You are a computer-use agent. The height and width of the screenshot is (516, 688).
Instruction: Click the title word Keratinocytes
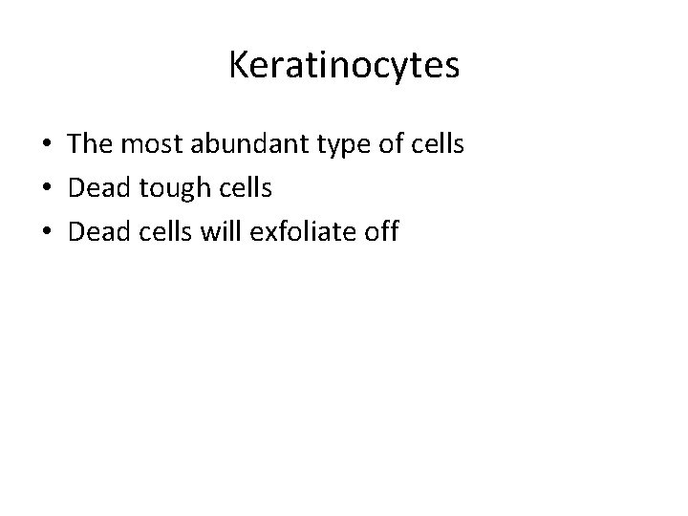click(x=344, y=66)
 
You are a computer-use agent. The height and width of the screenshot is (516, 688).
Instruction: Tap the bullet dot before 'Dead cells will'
click(x=46, y=232)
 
